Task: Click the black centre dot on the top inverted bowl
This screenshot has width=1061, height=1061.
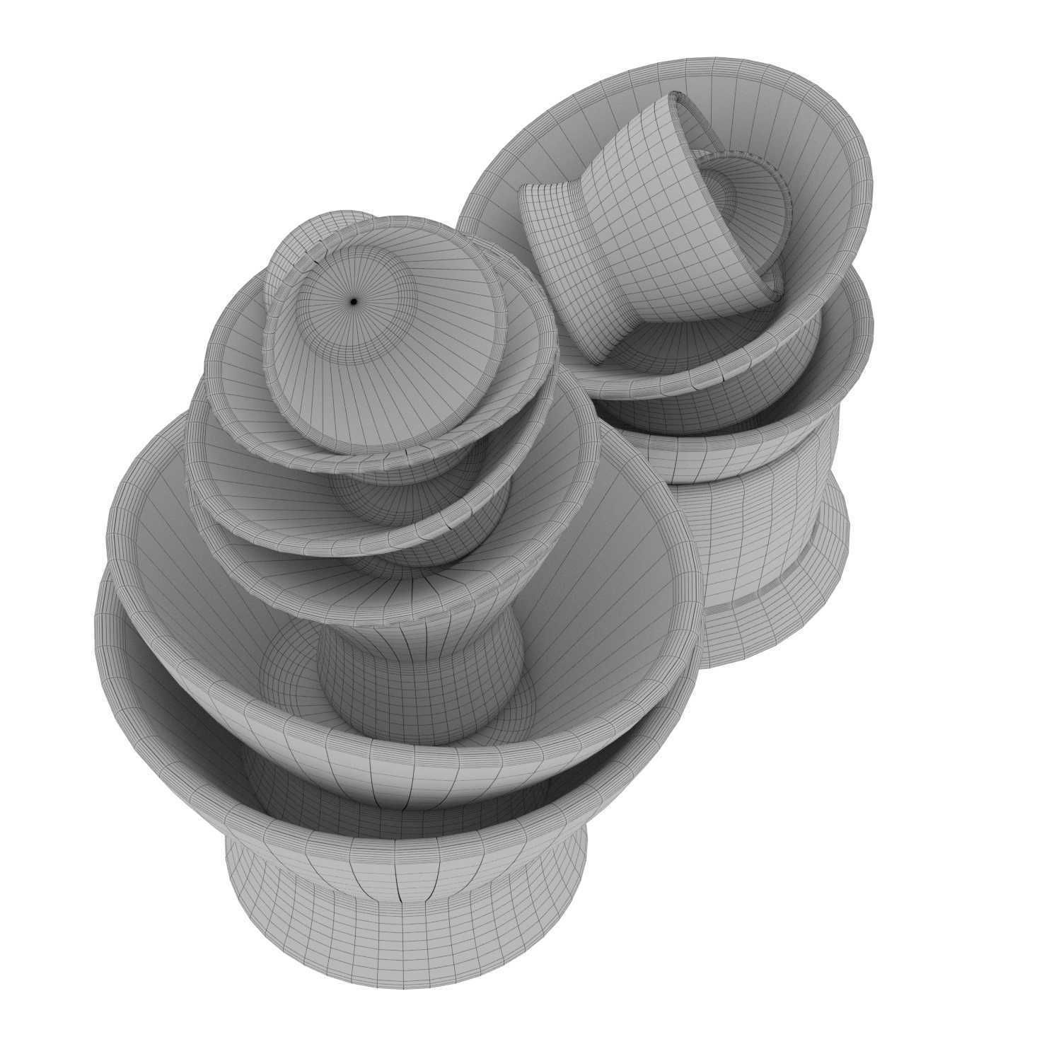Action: coord(354,302)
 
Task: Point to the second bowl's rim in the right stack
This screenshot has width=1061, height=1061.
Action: coord(859,340)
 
